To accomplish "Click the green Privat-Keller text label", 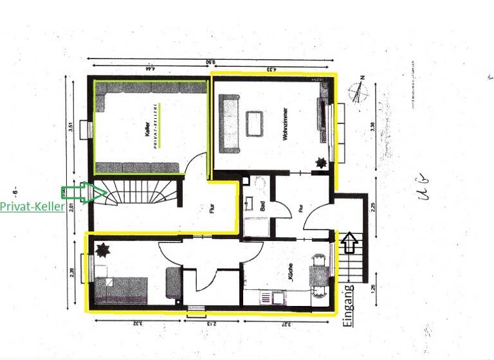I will pyautogui.click(x=32, y=207).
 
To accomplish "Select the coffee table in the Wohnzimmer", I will pyautogui.click(x=255, y=123).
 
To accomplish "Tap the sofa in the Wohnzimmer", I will pyautogui.click(x=229, y=123).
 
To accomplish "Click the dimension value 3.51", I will pyautogui.click(x=71, y=127).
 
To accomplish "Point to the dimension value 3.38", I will pyautogui.click(x=372, y=127).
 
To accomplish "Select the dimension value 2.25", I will pyautogui.click(x=373, y=207).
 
